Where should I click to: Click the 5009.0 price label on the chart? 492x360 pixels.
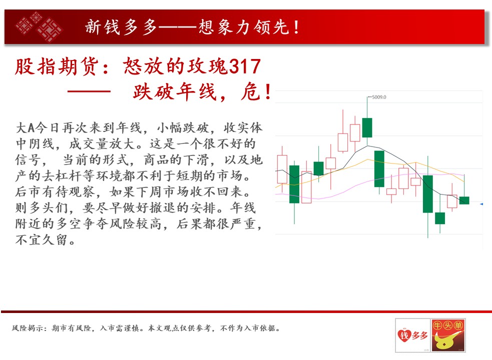pos(379,97)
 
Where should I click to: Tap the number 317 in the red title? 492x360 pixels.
pos(245,66)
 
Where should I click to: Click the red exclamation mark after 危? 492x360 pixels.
pos(268,92)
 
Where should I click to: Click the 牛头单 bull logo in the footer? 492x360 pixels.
pos(448,335)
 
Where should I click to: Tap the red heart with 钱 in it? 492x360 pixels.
pos(404,335)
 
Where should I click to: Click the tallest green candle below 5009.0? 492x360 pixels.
pos(367,127)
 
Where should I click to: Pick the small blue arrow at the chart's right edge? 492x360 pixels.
pos(481,204)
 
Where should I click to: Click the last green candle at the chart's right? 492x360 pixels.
pos(464,200)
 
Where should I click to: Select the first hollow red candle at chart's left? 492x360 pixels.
pos(282,169)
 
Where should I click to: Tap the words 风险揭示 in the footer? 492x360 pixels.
pos(27,328)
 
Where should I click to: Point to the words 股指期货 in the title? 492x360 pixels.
pos(57,66)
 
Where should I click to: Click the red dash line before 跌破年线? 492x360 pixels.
pos(89,91)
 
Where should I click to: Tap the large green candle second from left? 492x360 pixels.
pos(294,184)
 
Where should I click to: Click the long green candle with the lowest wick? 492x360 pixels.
pos(427,194)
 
